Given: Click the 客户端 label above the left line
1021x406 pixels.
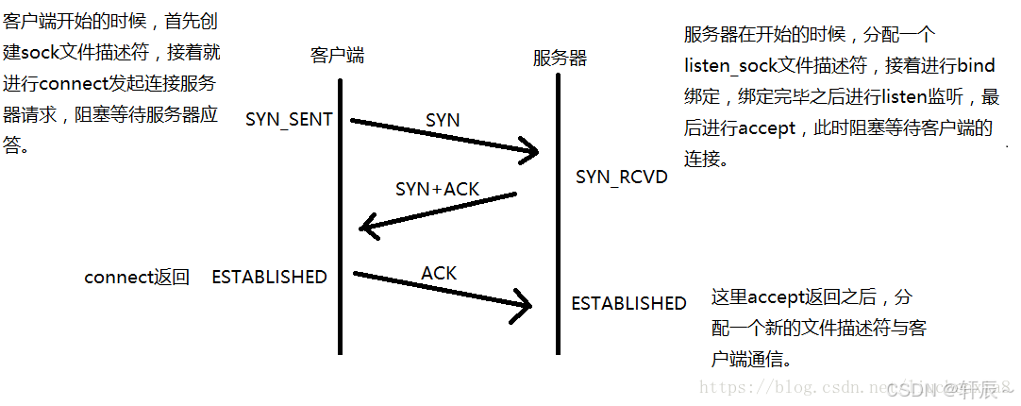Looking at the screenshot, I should tap(337, 56).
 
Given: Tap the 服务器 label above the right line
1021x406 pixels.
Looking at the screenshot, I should tap(560, 59).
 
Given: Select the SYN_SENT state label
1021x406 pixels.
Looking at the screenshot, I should tap(289, 120).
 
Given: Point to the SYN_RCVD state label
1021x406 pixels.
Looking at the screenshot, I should tap(621, 178).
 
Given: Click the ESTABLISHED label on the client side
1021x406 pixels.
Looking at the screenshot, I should tap(269, 277).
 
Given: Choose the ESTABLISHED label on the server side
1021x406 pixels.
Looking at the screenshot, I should tap(628, 303).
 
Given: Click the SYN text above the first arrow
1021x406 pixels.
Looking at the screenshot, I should tap(443, 120).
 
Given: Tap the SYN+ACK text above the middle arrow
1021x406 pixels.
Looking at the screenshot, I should tap(437, 189).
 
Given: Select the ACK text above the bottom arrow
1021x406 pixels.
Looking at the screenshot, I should tap(439, 273).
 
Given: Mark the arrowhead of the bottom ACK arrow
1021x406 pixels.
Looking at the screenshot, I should tap(525, 304).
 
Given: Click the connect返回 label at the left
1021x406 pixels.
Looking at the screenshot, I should tap(137, 277).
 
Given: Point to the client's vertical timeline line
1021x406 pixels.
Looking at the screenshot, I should tap(340, 217).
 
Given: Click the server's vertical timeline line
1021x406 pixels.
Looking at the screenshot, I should tap(559, 217).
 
